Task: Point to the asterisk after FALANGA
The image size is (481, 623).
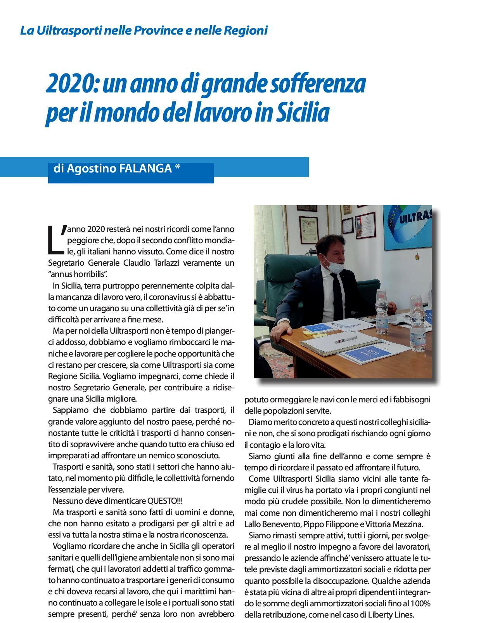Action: click(x=178, y=168)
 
